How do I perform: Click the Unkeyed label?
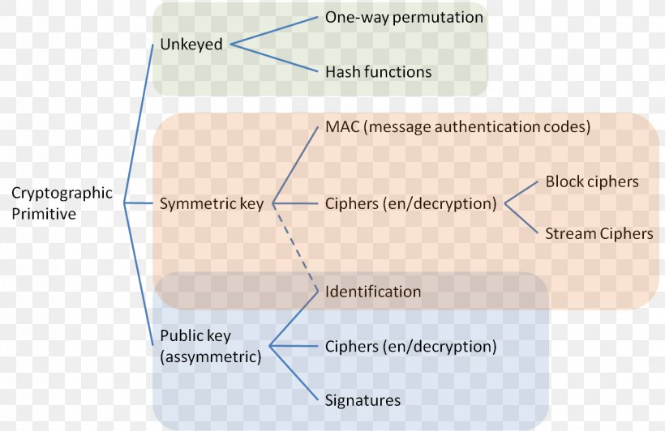(x=191, y=45)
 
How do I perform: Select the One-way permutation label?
(x=404, y=17)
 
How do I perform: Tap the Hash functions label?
(x=378, y=72)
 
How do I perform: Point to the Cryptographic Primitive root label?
(x=62, y=203)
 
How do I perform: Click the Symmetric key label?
(x=212, y=203)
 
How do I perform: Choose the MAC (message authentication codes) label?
(x=457, y=127)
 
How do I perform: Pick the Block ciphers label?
(x=592, y=181)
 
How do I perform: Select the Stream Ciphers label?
(x=598, y=233)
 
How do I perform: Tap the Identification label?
(x=373, y=291)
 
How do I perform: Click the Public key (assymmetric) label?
(x=211, y=346)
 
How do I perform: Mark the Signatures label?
(x=363, y=400)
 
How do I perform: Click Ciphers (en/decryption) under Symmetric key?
(x=410, y=203)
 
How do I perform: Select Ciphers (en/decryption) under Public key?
(x=410, y=347)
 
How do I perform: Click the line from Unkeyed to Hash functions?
(x=273, y=58)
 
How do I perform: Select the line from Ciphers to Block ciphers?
(x=521, y=193)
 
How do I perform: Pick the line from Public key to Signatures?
(x=294, y=373)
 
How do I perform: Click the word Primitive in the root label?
(x=44, y=215)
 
